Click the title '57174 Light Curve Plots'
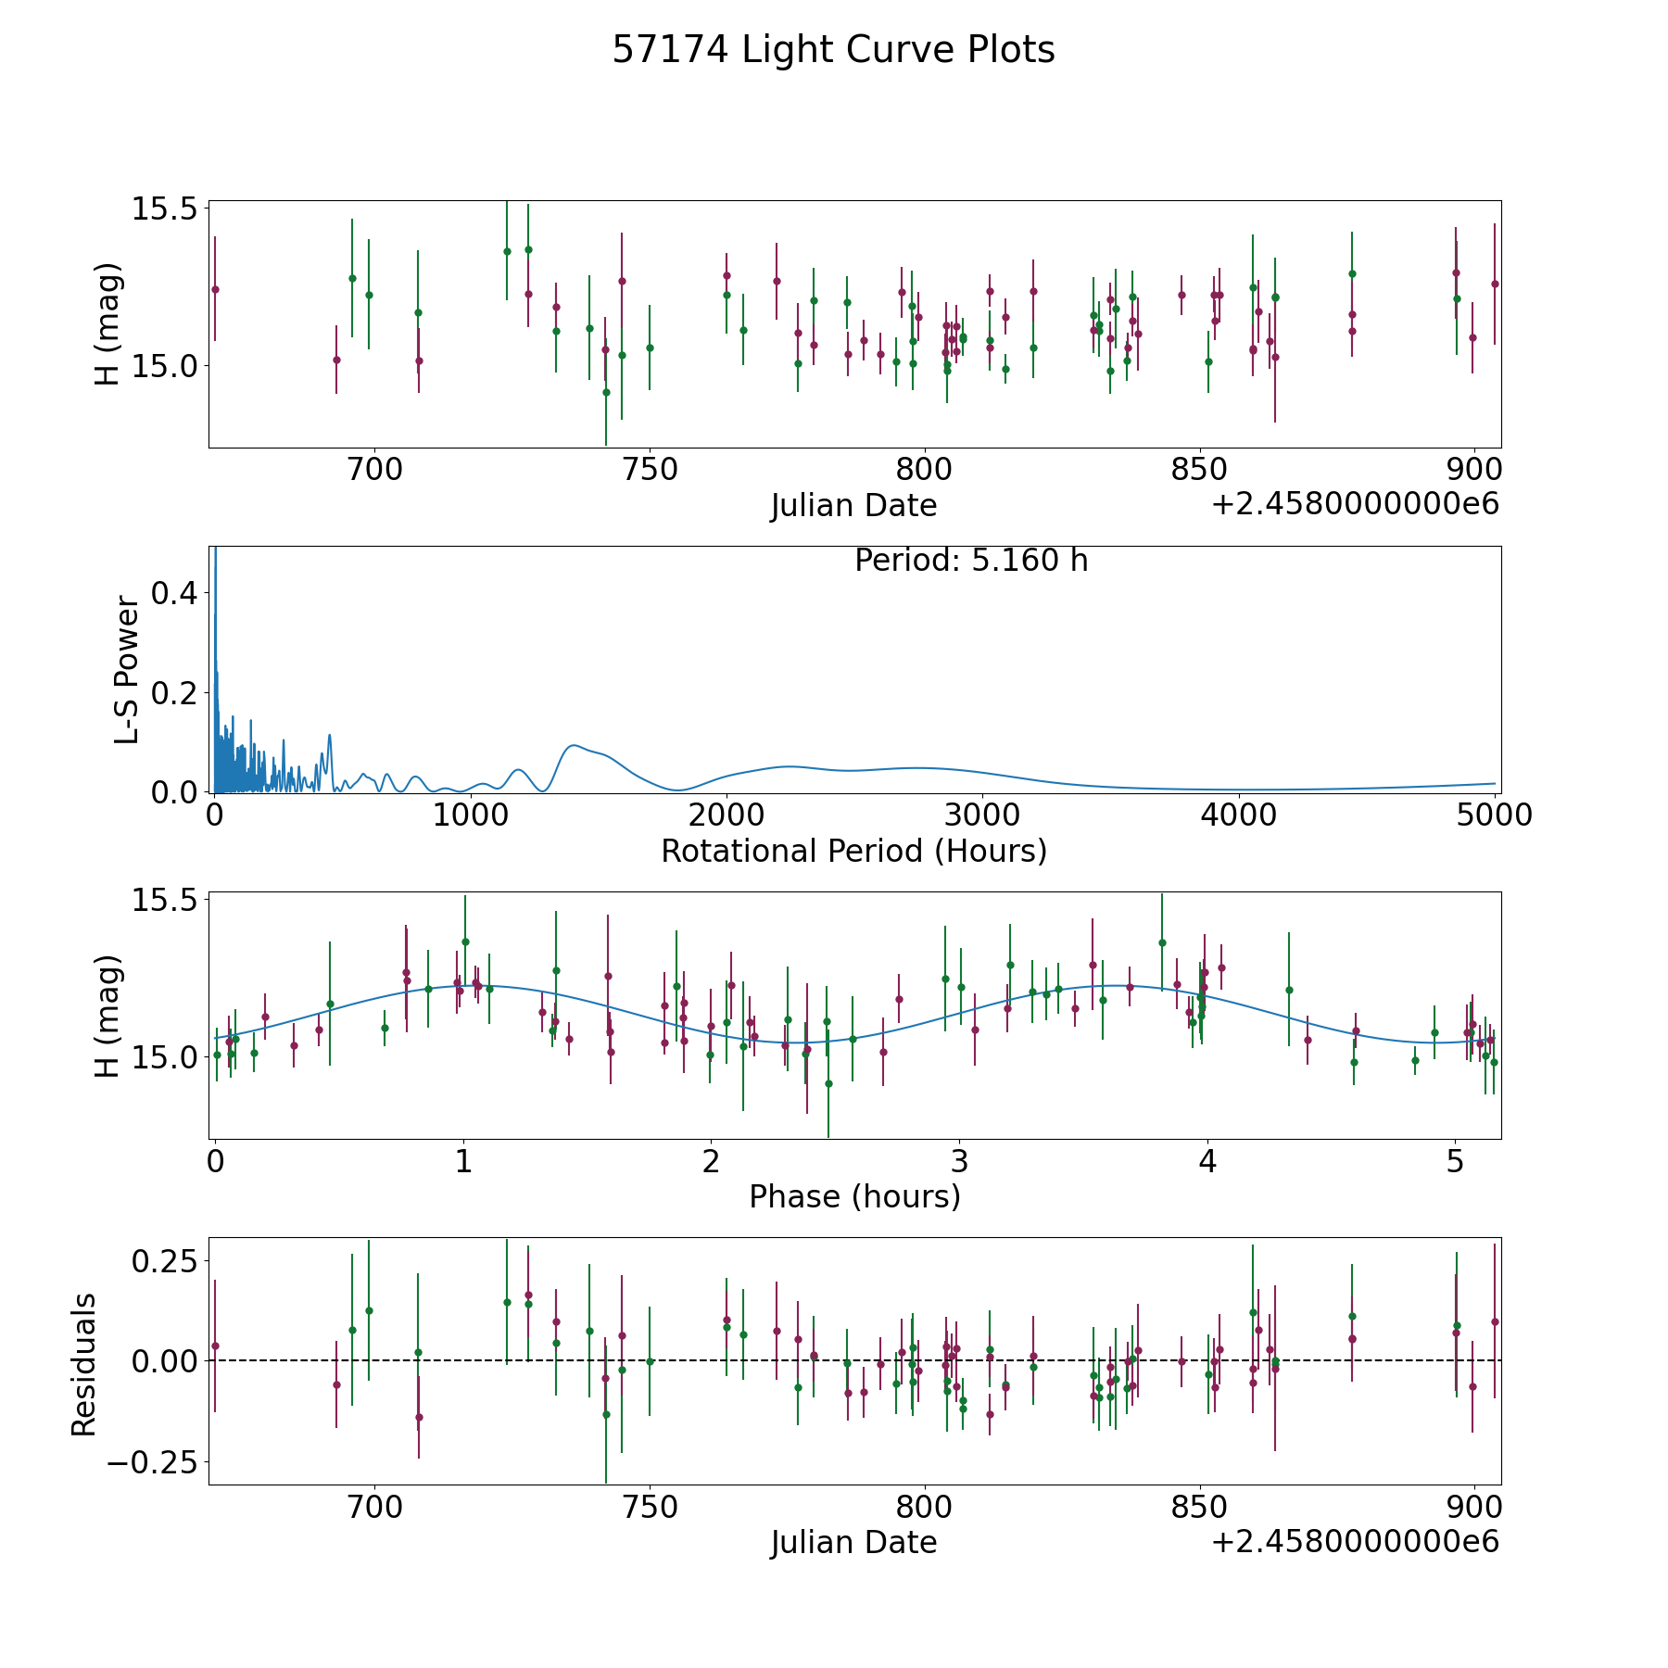tap(833, 50)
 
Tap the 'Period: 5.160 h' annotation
tap(971, 561)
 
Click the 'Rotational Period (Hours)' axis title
tap(853, 851)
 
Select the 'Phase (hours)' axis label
tap(854, 1196)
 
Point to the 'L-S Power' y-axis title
tap(127, 670)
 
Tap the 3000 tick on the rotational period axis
tap(982, 815)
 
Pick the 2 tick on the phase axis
tap(711, 1162)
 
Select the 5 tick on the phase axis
tap(1455, 1162)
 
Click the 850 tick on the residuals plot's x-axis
tap(1199, 1508)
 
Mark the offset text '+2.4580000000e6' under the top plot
tap(1355, 504)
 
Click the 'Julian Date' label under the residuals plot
tap(853, 1542)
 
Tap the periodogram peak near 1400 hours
tap(574, 745)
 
